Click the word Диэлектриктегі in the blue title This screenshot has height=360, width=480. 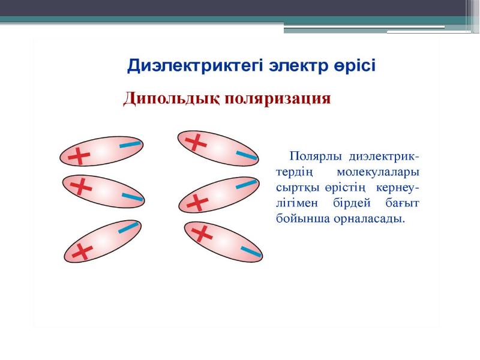[x=194, y=66]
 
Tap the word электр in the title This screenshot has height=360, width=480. [x=296, y=66]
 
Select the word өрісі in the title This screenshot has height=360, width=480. [x=353, y=65]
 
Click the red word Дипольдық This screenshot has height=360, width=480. [x=172, y=100]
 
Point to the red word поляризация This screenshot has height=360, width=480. [x=278, y=99]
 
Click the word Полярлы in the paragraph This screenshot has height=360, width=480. [x=316, y=157]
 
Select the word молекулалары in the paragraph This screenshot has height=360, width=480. [x=378, y=172]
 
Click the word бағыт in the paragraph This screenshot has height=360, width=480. [x=402, y=203]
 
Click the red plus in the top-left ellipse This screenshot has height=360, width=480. [x=79, y=156]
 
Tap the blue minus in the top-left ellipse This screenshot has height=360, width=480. [x=130, y=145]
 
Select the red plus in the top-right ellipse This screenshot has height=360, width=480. [x=196, y=142]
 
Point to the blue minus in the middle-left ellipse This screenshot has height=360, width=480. [x=133, y=197]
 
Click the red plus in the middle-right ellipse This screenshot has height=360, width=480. [x=197, y=202]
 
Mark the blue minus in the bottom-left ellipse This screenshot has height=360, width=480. [x=128, y=228]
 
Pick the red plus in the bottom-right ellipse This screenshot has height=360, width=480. [x=202, y=233]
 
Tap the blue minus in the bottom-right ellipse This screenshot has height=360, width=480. [x=251, y=251]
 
